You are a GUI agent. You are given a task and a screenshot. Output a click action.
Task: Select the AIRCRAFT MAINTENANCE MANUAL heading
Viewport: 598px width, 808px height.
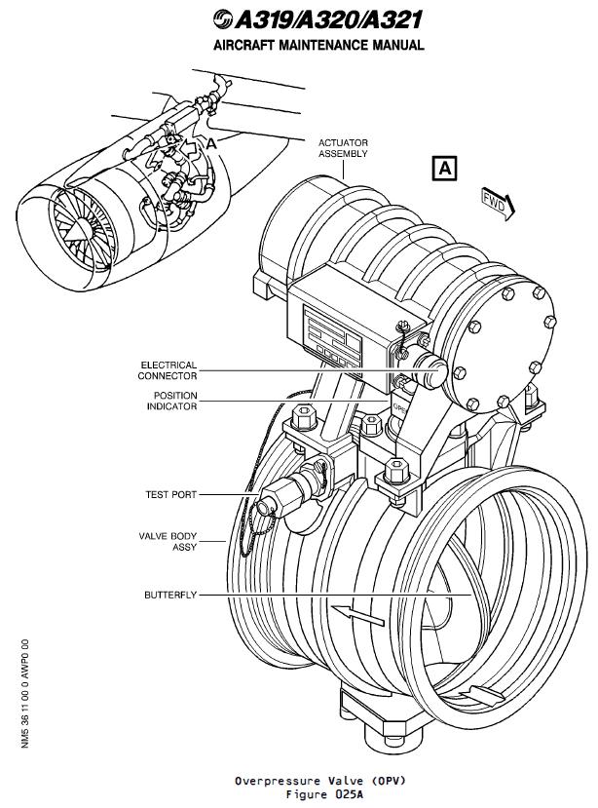coord(319,45)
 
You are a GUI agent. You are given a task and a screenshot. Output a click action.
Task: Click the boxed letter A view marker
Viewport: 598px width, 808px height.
coord(444,168)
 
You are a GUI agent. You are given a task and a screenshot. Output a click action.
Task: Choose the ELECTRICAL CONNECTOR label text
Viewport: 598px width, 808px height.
coord(168,370)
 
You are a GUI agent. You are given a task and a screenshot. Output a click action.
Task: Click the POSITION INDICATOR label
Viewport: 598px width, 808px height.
coord(174,402)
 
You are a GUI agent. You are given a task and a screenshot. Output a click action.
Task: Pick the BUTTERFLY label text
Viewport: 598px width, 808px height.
coord(170,594)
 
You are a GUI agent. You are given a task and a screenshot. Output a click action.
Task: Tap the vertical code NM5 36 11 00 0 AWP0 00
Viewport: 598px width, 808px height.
coord(24,693)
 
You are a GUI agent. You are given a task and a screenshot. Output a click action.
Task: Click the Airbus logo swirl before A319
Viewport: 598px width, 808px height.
coord(220,19)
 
